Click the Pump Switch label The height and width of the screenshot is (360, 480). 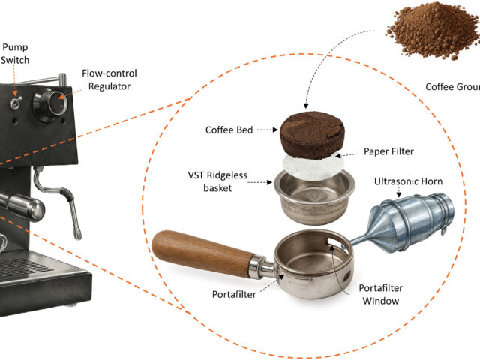click(15, 53)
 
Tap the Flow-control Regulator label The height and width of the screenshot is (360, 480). click(109, 79)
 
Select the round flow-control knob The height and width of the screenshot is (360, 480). click(51, 104)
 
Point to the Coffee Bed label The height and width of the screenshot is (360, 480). click(229, 130)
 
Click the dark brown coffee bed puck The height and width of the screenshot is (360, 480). click(312, 135)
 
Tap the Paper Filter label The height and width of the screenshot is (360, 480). click(388, 151)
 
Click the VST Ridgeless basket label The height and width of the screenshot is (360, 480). click(217, 181)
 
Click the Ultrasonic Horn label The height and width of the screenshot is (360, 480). click(408, 181)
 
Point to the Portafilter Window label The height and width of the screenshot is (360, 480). click(380, 294)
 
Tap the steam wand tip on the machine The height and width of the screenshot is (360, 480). click(78, 234)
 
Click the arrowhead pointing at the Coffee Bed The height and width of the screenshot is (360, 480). click(275, 130)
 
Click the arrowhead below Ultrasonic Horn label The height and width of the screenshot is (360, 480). click(398, 194)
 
